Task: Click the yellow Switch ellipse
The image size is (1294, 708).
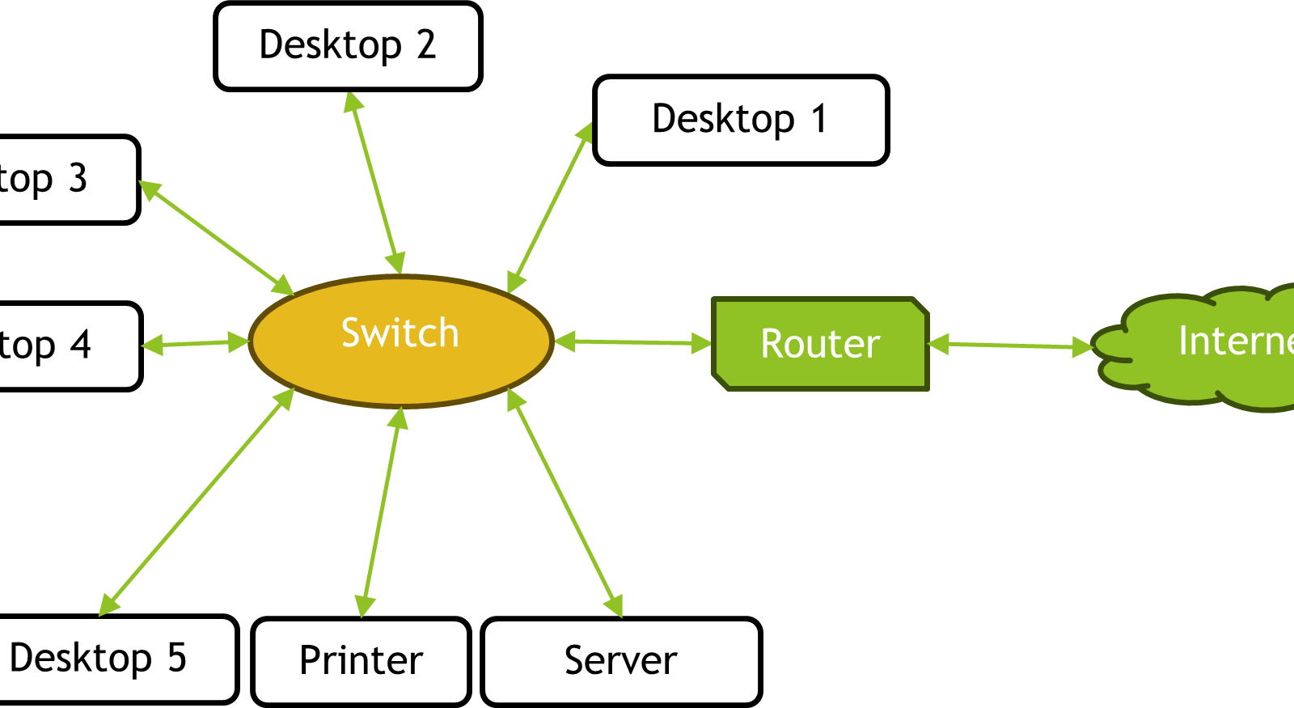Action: [x=400, y=341]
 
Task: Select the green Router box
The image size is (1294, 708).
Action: [x=820, y=343]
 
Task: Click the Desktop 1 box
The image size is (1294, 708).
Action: [x=741, y=120]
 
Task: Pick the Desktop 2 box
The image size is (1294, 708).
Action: [x=348, y=45]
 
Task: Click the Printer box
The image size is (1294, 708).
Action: [x=361, y=661]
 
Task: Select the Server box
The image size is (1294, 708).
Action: [x=621, y=661]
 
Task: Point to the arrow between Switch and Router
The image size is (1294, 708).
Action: [x=633, y=342]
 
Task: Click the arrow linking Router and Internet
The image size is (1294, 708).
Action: [x=1011, y=346]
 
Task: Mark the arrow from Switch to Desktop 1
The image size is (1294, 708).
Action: [x=550, y=206]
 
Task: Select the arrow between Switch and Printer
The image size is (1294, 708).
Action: [x=382, y=512]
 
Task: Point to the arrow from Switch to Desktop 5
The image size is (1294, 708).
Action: [x=197, y=502]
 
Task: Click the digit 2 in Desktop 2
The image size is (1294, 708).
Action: [x=426, y=45]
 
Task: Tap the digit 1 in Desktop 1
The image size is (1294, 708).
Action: [x=818, y=119]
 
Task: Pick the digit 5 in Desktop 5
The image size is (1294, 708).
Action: [x=177, y=657]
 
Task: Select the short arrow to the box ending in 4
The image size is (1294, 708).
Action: [x=195, y=344]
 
